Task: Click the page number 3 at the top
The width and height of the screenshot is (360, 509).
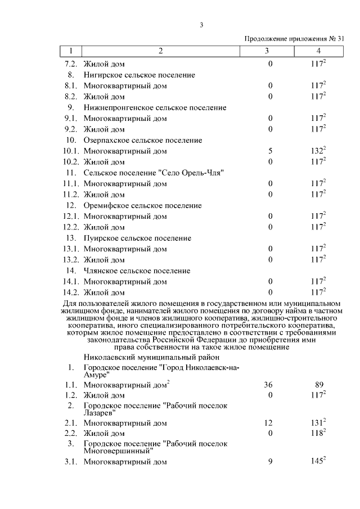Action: tap(200, 24)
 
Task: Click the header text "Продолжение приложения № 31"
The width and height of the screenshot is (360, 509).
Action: tap(294, 39)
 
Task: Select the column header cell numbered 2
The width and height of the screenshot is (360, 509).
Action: tap(161, 51)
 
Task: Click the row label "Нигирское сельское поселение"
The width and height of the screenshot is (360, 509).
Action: tap(139, 75)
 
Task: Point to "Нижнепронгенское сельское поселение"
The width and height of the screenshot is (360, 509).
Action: tap(155, 107)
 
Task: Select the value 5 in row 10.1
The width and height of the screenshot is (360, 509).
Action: tap(270, 151)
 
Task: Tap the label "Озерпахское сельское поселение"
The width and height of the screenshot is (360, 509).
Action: tap(142, 140)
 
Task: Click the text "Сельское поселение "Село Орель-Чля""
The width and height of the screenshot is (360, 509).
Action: tap(154, 173)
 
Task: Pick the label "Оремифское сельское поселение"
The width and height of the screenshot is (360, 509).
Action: tap(142, 205)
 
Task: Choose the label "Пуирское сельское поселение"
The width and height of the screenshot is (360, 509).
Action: tap(137, 238)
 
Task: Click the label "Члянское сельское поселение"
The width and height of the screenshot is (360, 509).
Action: tap(137, 271)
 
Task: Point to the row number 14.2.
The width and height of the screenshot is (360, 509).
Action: tap(71, 292)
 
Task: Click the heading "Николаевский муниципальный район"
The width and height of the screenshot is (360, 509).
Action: tap(151, 357)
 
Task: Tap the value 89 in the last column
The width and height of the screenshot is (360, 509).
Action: tap(318, 385)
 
